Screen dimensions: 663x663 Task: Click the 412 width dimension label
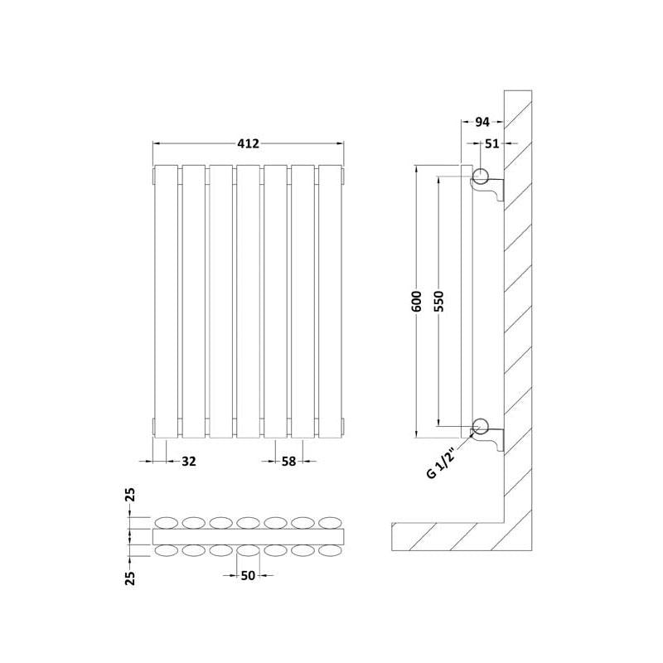(248, 143)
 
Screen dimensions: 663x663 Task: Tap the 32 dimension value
(189, 462)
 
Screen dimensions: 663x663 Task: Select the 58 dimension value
(288, 462)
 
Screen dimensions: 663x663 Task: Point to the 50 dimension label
(248, 575)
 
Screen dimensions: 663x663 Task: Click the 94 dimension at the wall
(482, 122)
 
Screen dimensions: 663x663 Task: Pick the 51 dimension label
(491, 143)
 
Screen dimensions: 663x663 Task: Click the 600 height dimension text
(417, 301)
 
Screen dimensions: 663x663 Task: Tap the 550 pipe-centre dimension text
(439, 301)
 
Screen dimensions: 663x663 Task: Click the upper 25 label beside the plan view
(131, 495)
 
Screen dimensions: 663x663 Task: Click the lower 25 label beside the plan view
(131, 578)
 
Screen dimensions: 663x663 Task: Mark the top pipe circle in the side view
(481, 176)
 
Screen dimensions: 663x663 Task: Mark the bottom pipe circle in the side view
(481, 426)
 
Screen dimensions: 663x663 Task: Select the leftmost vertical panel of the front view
(167, 302)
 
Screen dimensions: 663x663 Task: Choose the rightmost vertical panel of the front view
(330, 302)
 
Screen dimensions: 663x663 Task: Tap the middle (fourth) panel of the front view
(248, 302)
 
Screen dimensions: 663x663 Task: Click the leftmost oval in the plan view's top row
(167, 523)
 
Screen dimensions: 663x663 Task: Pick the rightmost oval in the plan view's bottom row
(330, 550)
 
